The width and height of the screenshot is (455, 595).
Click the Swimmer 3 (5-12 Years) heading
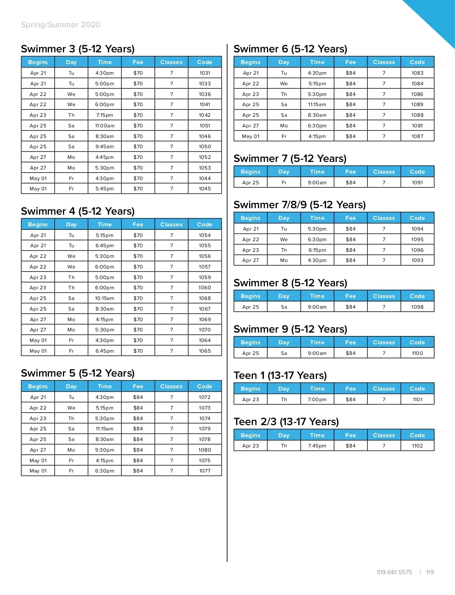click(x=78, y=49)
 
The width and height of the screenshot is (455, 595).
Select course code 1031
click(x=205, y=73)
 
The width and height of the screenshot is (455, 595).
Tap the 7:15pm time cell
click(x=105, y=115)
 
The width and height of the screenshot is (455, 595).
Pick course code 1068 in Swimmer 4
click(x=205, y=298)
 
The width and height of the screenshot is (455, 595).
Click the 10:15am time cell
click(x=105, y=298)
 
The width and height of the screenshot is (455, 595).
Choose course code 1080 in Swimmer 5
click(x=205, y=450)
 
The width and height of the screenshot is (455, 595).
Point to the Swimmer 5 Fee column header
click(x=138, y=386)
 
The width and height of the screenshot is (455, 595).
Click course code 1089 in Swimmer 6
click(x=417, y=104)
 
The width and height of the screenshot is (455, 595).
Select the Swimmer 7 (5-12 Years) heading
click(x=290, y=159)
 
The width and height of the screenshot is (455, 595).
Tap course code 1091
click(x=417, y=182)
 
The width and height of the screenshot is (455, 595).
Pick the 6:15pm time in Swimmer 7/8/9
click(x=317, y=250)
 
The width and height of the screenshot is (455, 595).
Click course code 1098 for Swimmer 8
click(x=417, y=307)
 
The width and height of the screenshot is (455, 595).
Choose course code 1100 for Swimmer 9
click(x=417, y=353)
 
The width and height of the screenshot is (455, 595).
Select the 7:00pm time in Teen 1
click(x=317, y=399)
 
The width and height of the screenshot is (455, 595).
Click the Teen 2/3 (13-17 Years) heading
click(x=286, y=422)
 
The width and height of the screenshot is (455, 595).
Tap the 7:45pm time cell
click(x=317, y=446)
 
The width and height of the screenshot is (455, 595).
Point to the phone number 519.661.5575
click(x=394, y=572)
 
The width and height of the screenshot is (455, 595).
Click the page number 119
click(x=430, y=572)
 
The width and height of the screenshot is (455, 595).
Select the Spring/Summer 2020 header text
click(x=61, y=25)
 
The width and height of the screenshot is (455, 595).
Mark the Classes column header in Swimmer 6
click(x=384, y=62)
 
